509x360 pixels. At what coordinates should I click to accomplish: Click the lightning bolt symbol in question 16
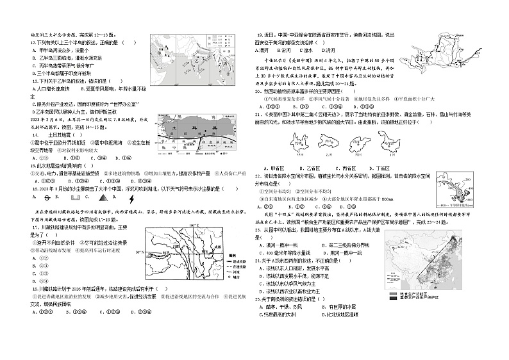point(131,198)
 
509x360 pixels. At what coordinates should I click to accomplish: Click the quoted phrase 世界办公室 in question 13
point(122,103)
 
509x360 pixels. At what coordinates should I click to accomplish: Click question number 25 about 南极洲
point(259,299)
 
